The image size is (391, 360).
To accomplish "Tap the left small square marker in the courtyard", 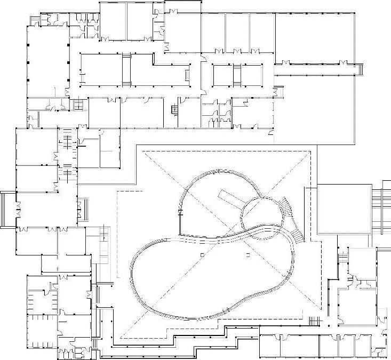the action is [x=202, y=256].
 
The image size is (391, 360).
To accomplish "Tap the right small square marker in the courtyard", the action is [x=248, y=256].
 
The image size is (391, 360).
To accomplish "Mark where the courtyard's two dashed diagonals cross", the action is [x=226, y=244].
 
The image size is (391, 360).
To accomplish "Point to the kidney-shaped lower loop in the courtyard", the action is [x=213, y=277].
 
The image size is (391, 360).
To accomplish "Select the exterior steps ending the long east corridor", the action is [x=361, y=69].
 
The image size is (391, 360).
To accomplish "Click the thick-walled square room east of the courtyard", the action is [x=344, y=209].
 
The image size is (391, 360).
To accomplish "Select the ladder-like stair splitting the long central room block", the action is [x=126, y=70].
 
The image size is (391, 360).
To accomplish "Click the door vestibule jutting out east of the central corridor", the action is [x=276, y=93].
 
